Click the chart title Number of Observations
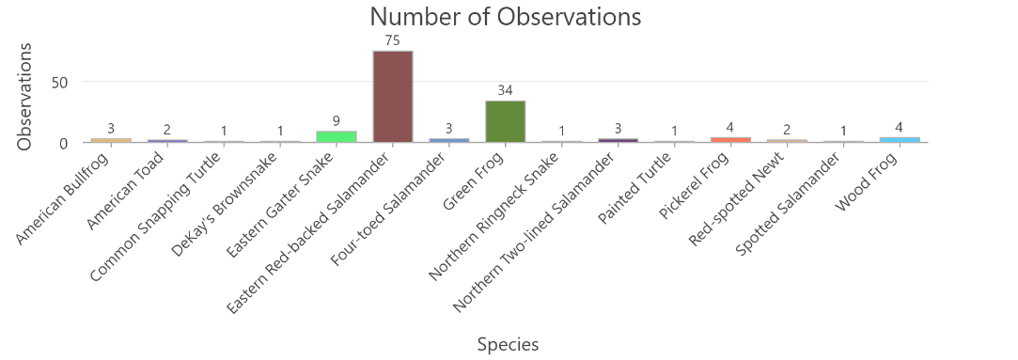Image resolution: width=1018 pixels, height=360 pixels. point(506,17)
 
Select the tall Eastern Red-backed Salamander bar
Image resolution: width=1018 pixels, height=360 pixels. point(392,97)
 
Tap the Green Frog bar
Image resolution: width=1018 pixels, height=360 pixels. point(505,121)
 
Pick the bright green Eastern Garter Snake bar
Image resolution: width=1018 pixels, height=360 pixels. point(336,137)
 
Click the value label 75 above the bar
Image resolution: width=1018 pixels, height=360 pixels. point(392,40)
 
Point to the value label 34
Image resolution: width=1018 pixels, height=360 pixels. point(505,91)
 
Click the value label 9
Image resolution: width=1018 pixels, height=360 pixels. point(336,121)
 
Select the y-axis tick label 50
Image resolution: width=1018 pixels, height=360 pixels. point(60,82)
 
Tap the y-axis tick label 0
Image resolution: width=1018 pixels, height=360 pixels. point(64,143)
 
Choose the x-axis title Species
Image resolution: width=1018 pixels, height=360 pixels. point(508,344)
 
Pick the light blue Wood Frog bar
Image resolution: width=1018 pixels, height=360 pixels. point(900,140)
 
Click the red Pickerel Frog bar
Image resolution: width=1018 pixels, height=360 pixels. point(730,140)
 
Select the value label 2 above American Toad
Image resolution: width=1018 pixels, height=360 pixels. point(166,130)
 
